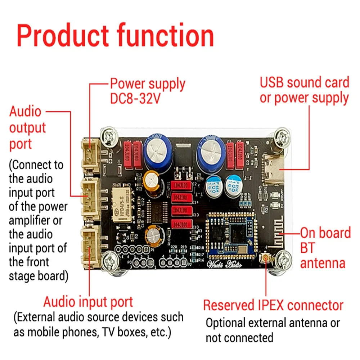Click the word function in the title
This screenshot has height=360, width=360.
[x=164, y=36]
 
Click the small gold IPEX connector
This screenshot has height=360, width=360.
[x=265, y=258]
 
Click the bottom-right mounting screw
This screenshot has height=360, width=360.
[x=284, y=260]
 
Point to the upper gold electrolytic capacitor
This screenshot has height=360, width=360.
[x=151, y=181]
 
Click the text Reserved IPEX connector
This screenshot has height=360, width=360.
[x=273, y=305]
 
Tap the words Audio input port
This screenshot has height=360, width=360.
[x=88, y=302]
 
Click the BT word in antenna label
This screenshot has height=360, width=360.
[x=307, y=248]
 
